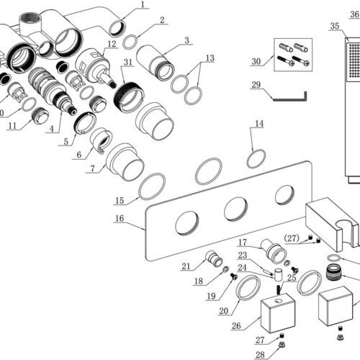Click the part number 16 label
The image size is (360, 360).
click(120, 218)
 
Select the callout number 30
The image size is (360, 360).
click(256, 61)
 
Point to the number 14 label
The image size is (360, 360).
click(259, 124)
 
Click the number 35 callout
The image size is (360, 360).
click(335, 26)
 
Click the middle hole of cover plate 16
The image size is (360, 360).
click(235, 210)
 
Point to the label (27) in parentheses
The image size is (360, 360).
click(292, 238)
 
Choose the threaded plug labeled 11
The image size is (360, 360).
click(40, 116)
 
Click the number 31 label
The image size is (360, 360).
click(128, 62)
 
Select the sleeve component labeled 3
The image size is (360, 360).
click(155, 63)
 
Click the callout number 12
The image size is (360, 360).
click(112, 44)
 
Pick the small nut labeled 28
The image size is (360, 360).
click(282, 346)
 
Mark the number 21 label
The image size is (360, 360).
click(186, 266)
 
